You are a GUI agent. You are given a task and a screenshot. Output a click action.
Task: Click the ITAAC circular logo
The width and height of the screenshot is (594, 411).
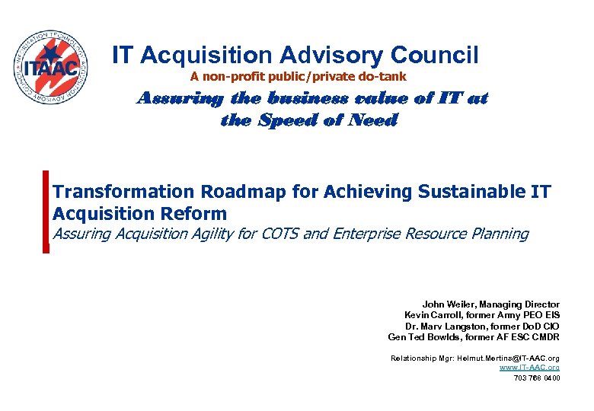(x=52, y=68)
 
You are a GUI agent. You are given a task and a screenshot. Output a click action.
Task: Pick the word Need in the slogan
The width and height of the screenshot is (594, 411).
(x=370, y=120)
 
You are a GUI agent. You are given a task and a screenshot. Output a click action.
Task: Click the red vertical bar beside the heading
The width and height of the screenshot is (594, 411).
(x=46, y=211)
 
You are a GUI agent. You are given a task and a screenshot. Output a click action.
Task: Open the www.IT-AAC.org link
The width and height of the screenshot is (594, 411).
(x=529, y=368)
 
